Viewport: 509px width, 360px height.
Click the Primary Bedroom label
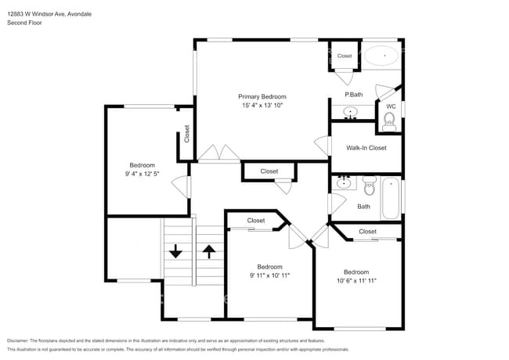(x=262, y=96)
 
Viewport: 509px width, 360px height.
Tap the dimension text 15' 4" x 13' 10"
(x=262, y=105)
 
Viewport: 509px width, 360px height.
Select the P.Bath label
(x=353, y=95)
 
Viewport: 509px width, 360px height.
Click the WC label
(x=390, y=106)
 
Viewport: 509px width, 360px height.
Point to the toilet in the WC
(x=389, y=120)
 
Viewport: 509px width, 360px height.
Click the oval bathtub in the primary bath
(x=384, y=56)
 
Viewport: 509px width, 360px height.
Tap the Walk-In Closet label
(x=366, y=147)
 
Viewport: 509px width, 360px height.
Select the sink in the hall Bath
(x=344, y=183)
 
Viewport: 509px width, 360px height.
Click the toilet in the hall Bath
(x=370, y=186)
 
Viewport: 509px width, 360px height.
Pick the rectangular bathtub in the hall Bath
(x=390, y=199)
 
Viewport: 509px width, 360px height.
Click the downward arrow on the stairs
(x=175, y=251)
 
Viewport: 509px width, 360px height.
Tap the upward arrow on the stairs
(x=209, y=251)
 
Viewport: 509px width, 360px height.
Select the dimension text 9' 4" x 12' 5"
(x=142, y=174)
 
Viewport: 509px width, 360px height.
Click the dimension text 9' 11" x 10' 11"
(x=269, y=275)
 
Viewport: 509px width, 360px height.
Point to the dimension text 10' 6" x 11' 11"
(x=356, y=280)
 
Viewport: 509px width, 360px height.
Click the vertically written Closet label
(x=186, y=134)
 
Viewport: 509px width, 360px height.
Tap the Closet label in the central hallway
(x=269, y=171)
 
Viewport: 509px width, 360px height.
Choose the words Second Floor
(x=24, y=23)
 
